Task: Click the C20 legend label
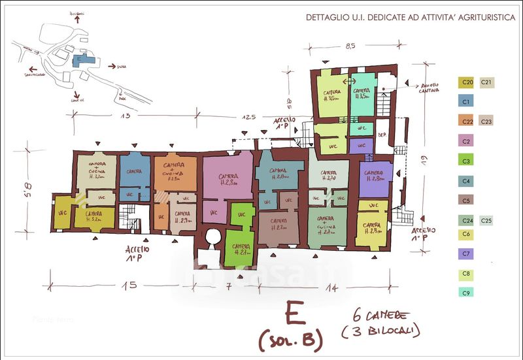467,82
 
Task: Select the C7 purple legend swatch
467,254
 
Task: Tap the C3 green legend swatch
467,161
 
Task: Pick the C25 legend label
486,221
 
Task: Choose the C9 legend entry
467,293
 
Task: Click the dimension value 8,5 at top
350,46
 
